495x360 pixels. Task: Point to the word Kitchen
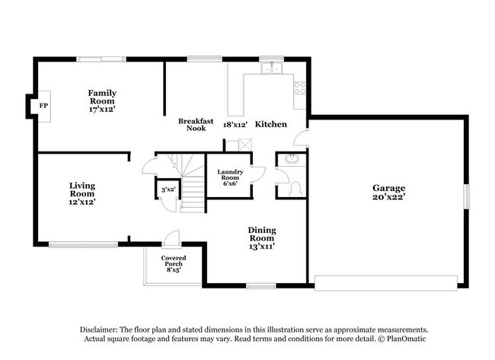click(270, 124)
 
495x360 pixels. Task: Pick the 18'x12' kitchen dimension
click(235, 124)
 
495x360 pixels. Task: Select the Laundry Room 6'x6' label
click(229, 177)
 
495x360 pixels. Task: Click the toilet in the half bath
click(296, 186)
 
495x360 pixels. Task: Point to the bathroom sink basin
click(292, 160)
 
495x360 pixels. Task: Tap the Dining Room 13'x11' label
click(261, 237)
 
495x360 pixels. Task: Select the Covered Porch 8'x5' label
click(173, 263)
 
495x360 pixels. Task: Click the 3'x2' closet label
click(167, 190)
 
